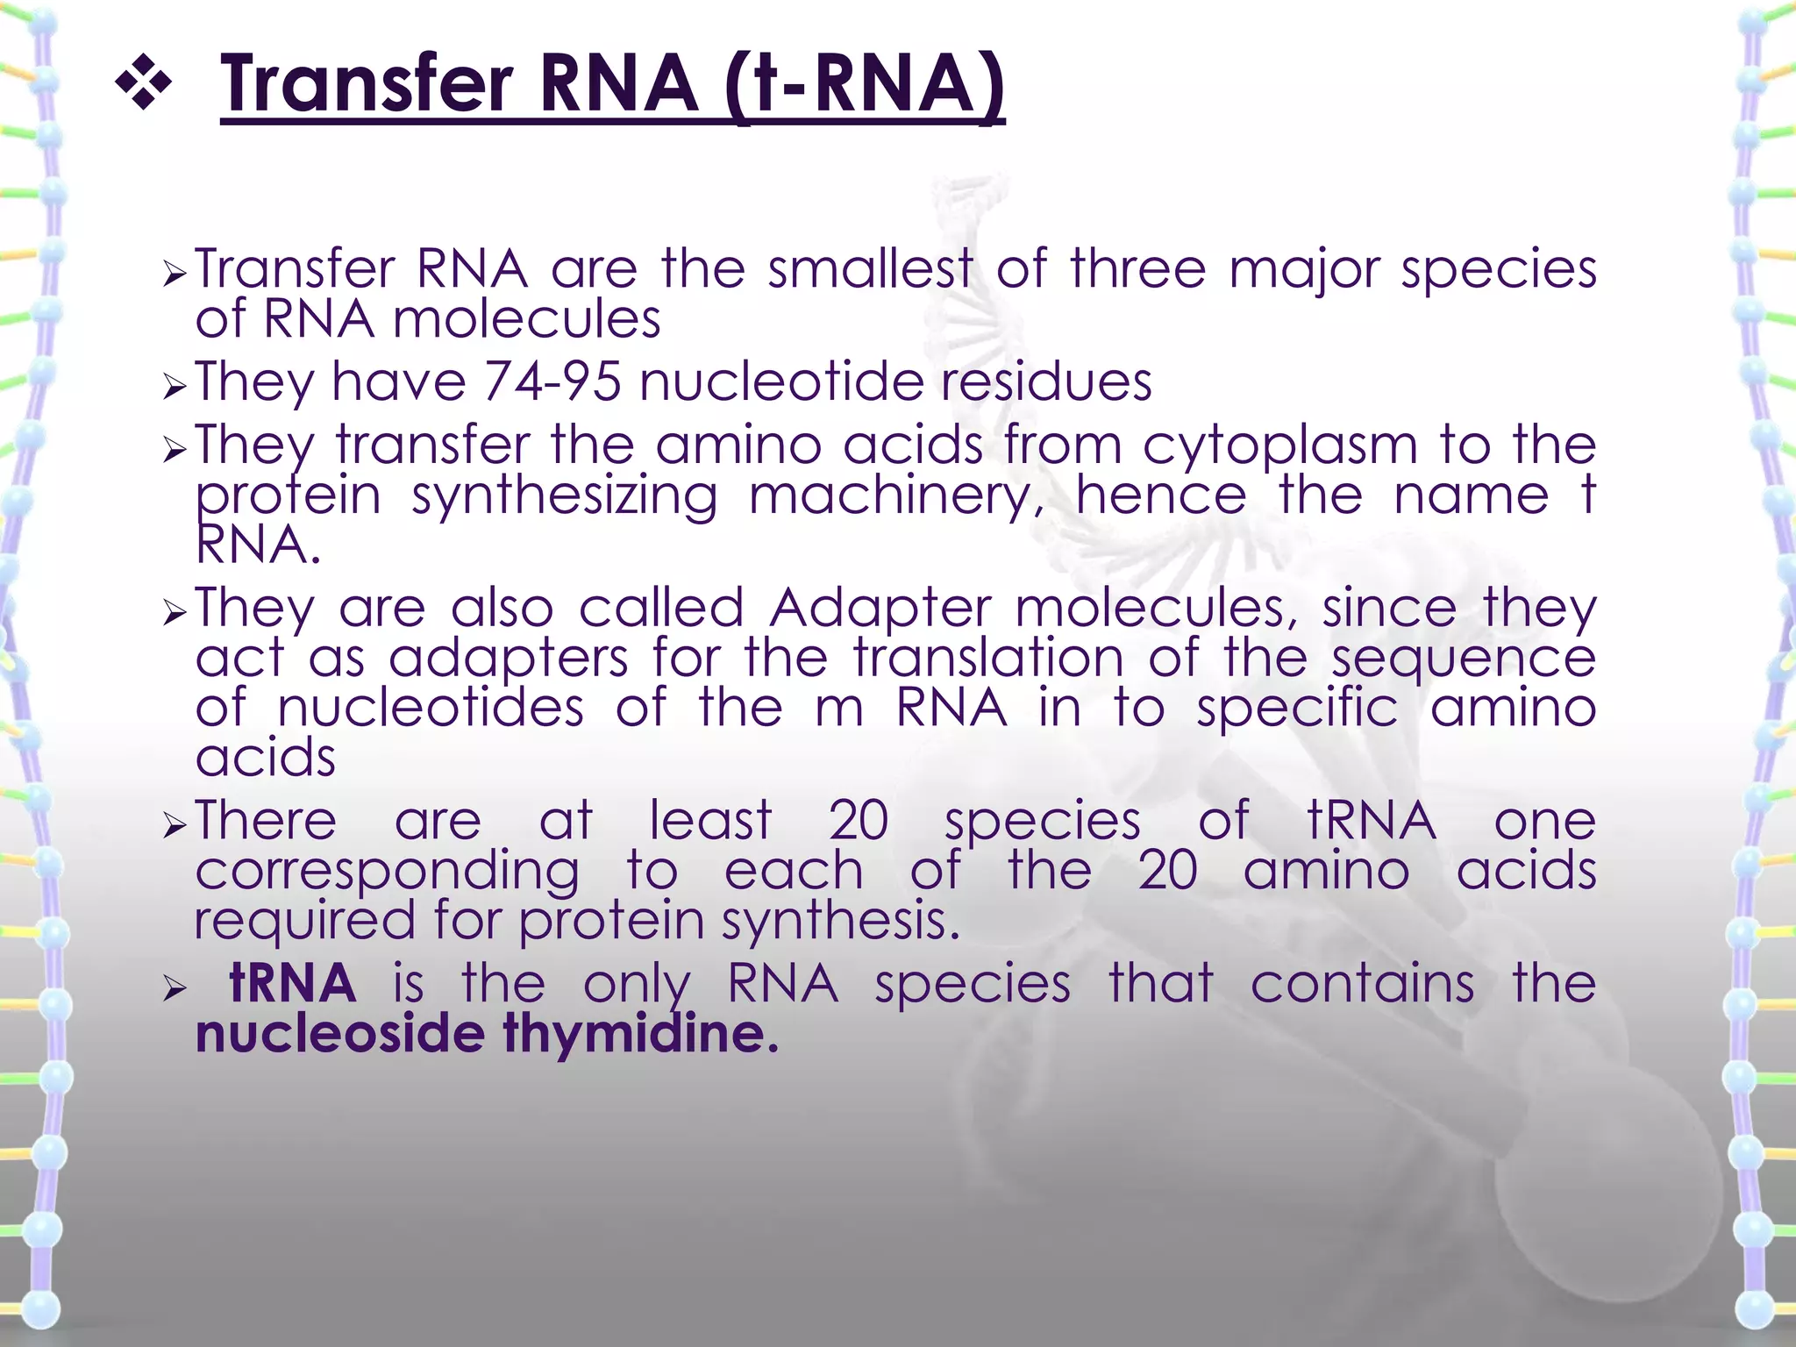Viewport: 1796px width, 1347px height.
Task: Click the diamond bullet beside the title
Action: point(143,85)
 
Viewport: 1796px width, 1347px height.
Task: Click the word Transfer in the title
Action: point(366,85)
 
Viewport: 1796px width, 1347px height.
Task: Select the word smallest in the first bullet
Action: point(870,268)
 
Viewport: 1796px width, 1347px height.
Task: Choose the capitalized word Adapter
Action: point(880,609)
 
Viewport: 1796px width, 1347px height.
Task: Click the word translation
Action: point(988,658)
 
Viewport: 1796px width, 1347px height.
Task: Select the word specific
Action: point(1297,709)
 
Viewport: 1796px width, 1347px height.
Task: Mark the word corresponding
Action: point(387,872)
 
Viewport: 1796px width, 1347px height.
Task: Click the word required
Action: point(304,921)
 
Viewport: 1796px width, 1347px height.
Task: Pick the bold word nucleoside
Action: point(339,1034)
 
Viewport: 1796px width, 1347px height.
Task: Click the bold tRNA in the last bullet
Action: point(292,984)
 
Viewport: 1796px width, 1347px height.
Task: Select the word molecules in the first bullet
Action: point(526,319)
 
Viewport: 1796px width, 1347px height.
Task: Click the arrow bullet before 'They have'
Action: point(175,387)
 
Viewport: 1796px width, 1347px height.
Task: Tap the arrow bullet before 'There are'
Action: point(175,825)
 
